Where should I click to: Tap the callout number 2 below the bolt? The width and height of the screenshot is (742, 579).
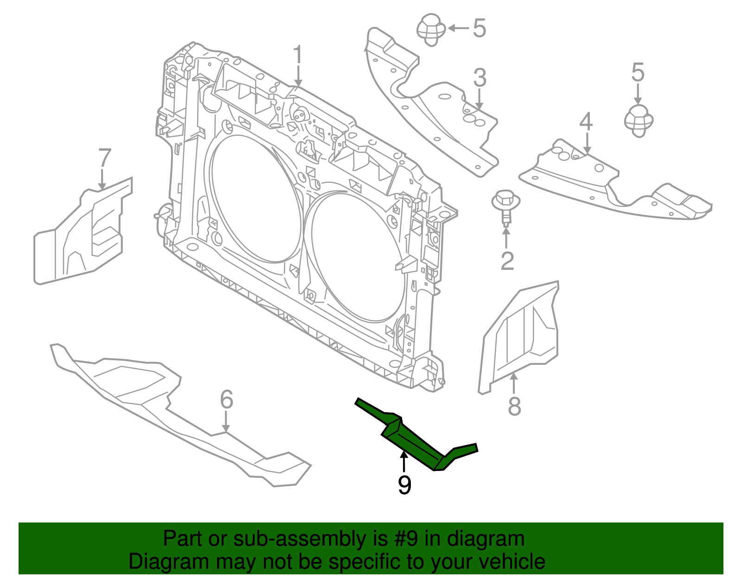[507, 261]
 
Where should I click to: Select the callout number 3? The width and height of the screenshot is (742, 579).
[480, 78]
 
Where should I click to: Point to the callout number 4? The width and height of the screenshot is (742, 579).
[586, 121]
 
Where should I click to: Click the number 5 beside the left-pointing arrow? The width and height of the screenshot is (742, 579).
[480, 28]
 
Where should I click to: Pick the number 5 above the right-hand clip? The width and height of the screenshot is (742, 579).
[638, 73]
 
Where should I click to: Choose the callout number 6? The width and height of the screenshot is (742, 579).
[226, 399]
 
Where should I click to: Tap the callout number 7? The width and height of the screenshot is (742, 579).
[105, 158]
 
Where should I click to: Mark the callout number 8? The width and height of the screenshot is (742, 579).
[514, 406]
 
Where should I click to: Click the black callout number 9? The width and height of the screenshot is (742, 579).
[404, 485]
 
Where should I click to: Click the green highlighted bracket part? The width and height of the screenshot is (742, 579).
[413, 440]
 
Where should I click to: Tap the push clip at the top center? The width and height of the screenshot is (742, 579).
[431, 29]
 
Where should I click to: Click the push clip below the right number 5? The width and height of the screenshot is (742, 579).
[639, 121]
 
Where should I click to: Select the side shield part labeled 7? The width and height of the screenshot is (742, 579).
[83, 232]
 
